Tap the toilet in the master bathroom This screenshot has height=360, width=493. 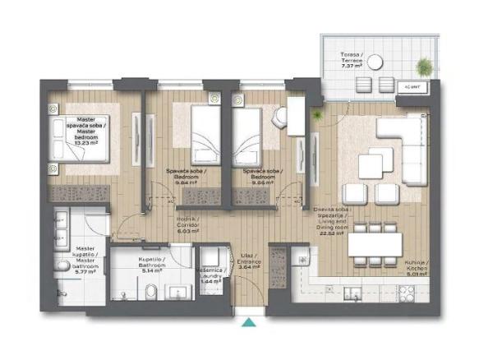[x=63, y=265]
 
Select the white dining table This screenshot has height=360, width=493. [x=376, y=245]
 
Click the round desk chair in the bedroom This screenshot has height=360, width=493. [x=282, y=118]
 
